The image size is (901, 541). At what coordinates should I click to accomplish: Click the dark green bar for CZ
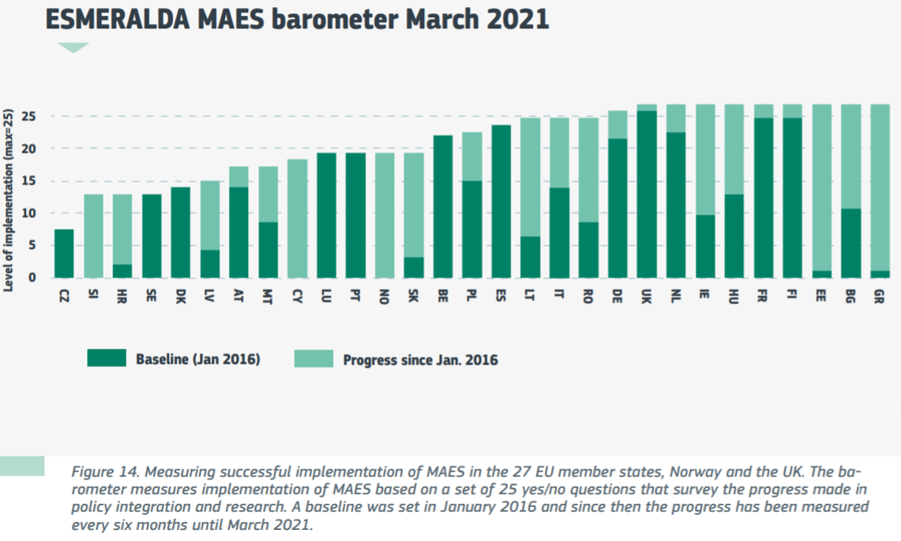click(x=64, y=254)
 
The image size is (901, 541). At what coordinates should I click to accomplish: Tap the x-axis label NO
click(x=385, y=298)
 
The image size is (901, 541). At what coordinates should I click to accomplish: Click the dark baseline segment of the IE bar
click(x=706, y=246)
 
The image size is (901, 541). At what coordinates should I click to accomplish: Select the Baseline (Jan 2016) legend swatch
click(x=106, y=359)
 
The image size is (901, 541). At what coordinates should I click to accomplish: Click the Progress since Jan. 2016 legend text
click(x=420, y=360)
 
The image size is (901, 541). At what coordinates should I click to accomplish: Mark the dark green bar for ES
click(x=501, y=201)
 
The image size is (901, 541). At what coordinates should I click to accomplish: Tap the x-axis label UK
click(x=647, y=298)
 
